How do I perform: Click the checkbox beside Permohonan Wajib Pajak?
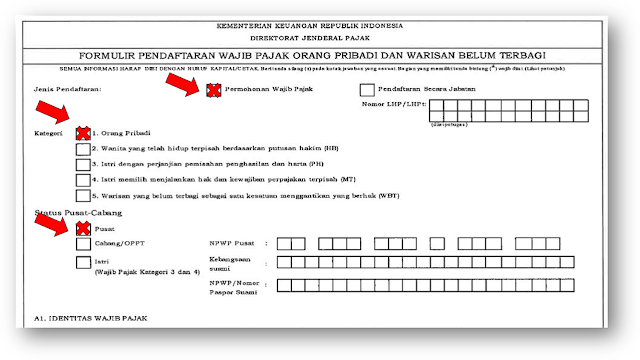[x=213, y=89]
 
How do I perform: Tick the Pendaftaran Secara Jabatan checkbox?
[x=367, y=89]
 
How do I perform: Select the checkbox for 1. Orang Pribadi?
[x=83, y=132]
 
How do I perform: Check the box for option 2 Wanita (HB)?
[x=83, y=148]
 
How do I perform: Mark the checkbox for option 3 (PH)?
[x=83, y=164]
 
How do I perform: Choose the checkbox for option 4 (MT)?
[x=83, y=181]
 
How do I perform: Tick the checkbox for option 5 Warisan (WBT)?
[x=83, y=198]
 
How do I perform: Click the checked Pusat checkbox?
[x=83, y=229]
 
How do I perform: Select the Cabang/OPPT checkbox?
[x=83, y=244]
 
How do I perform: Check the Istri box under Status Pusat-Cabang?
[x=83, y=262]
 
